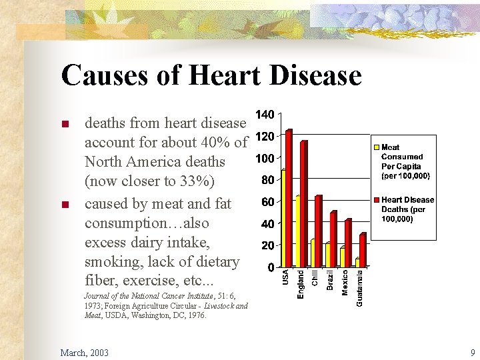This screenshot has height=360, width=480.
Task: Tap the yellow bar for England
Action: pyautogui.click(x=298, y=231)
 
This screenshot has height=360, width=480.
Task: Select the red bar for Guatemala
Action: pyautogui.click(x=363, y=249)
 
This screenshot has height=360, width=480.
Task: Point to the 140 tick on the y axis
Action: pyautogui.click(x=265, y=115)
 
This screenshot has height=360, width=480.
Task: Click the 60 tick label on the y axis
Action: pyautogui.click(x=267, y=202)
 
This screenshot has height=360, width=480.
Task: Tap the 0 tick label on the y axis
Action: pyautogui.click(x=270, y=267)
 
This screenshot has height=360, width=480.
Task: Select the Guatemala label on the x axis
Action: pyautogui.click(x=360, y=287)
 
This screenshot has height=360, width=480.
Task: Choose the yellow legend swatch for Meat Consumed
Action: pyautogui.click(x=377, y=147)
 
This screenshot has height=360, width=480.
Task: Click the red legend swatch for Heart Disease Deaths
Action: pyautogui.click(x=377, y=200)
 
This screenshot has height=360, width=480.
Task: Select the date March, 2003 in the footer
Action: pyautogui.click(x=85, y=352)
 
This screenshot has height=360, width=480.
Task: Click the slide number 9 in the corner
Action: pyautogui.click(x=472, y=352)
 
